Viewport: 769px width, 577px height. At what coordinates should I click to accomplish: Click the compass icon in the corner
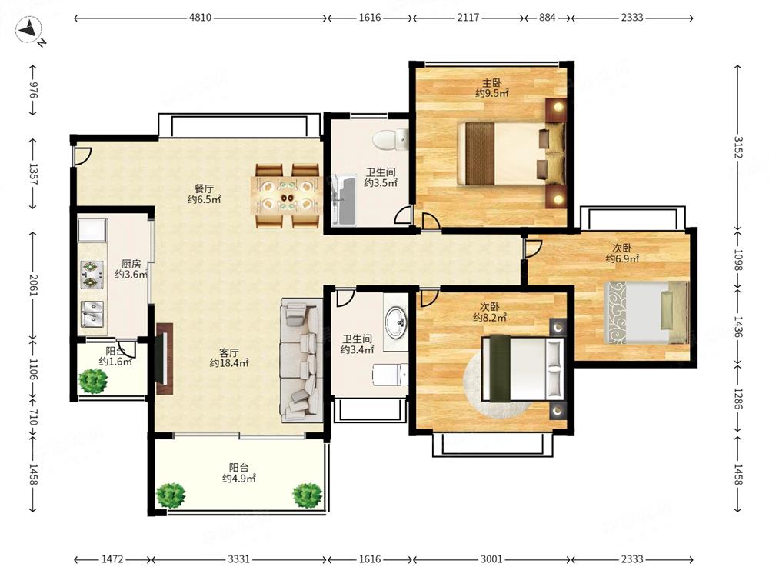(28, 31)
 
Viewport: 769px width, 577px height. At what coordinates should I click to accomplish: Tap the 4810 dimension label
(200, 18)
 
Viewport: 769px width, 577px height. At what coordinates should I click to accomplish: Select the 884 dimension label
(548, 18)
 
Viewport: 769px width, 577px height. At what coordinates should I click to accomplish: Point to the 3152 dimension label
(738, 147)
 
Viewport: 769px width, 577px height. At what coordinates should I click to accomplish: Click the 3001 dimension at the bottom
(491, 559)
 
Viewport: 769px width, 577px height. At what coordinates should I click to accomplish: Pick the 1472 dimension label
(112, 559)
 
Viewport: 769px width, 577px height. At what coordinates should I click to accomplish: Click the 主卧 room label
(491, 82)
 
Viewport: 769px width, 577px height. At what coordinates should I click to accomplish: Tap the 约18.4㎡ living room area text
(229, 363)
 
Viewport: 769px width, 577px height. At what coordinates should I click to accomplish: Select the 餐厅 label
(204, 188)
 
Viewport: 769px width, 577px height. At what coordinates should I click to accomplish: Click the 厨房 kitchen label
(131, 264)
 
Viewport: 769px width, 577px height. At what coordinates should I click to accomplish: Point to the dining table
(286, 195)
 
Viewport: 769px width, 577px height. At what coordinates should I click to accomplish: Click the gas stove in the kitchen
(92, 275)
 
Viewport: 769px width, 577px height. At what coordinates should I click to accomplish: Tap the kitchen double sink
(92, 314)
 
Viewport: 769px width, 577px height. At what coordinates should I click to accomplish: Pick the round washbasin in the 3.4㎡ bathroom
(396, 322)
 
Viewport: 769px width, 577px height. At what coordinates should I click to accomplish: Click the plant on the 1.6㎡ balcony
(93, 381)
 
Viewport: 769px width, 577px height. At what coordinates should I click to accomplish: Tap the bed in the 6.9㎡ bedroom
(646, 312)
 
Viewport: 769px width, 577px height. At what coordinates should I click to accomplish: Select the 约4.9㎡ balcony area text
(239, 479)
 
